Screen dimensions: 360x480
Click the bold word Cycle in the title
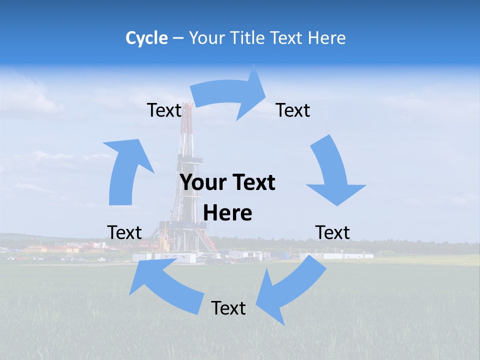pyautogui.click(x=146, y=38)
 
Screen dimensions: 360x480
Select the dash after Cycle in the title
pyautogui.click(x=178, y=38)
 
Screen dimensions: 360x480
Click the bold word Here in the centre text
pyautogui.click(x=227, y=213)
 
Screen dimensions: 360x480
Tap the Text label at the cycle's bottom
pyautogui.click(x=228, y=308)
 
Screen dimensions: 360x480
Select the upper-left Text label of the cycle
pyautogui.click(x=164, y=110)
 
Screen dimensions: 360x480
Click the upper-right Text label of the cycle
pyautogui.click(x=293, y=110)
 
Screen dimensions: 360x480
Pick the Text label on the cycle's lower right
pyautogui.click(x=332, y=232)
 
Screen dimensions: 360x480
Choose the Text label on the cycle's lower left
pyautogui.click(x=124, y=232)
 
